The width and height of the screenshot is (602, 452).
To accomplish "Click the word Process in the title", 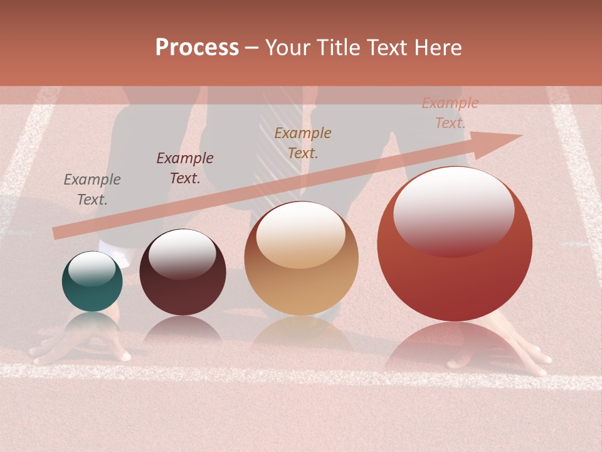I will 197,48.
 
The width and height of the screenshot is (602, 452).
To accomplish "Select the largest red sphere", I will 455,251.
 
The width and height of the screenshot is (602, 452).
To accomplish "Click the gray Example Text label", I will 92,189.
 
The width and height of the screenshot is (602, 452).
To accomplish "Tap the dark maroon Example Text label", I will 185,168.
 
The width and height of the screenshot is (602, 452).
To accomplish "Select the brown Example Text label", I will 303,143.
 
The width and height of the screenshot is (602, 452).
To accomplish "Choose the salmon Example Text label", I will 450,113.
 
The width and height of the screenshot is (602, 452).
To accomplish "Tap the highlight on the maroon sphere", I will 182,254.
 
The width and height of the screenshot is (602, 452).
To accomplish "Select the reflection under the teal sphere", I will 92,323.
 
